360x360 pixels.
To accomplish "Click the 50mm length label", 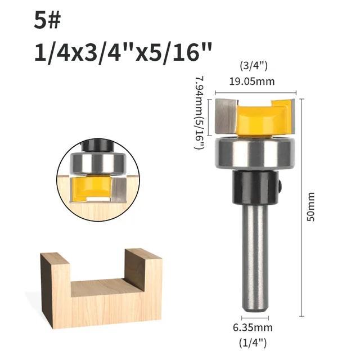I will coord(311,207).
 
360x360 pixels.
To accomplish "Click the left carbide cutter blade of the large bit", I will coord(226,116).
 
